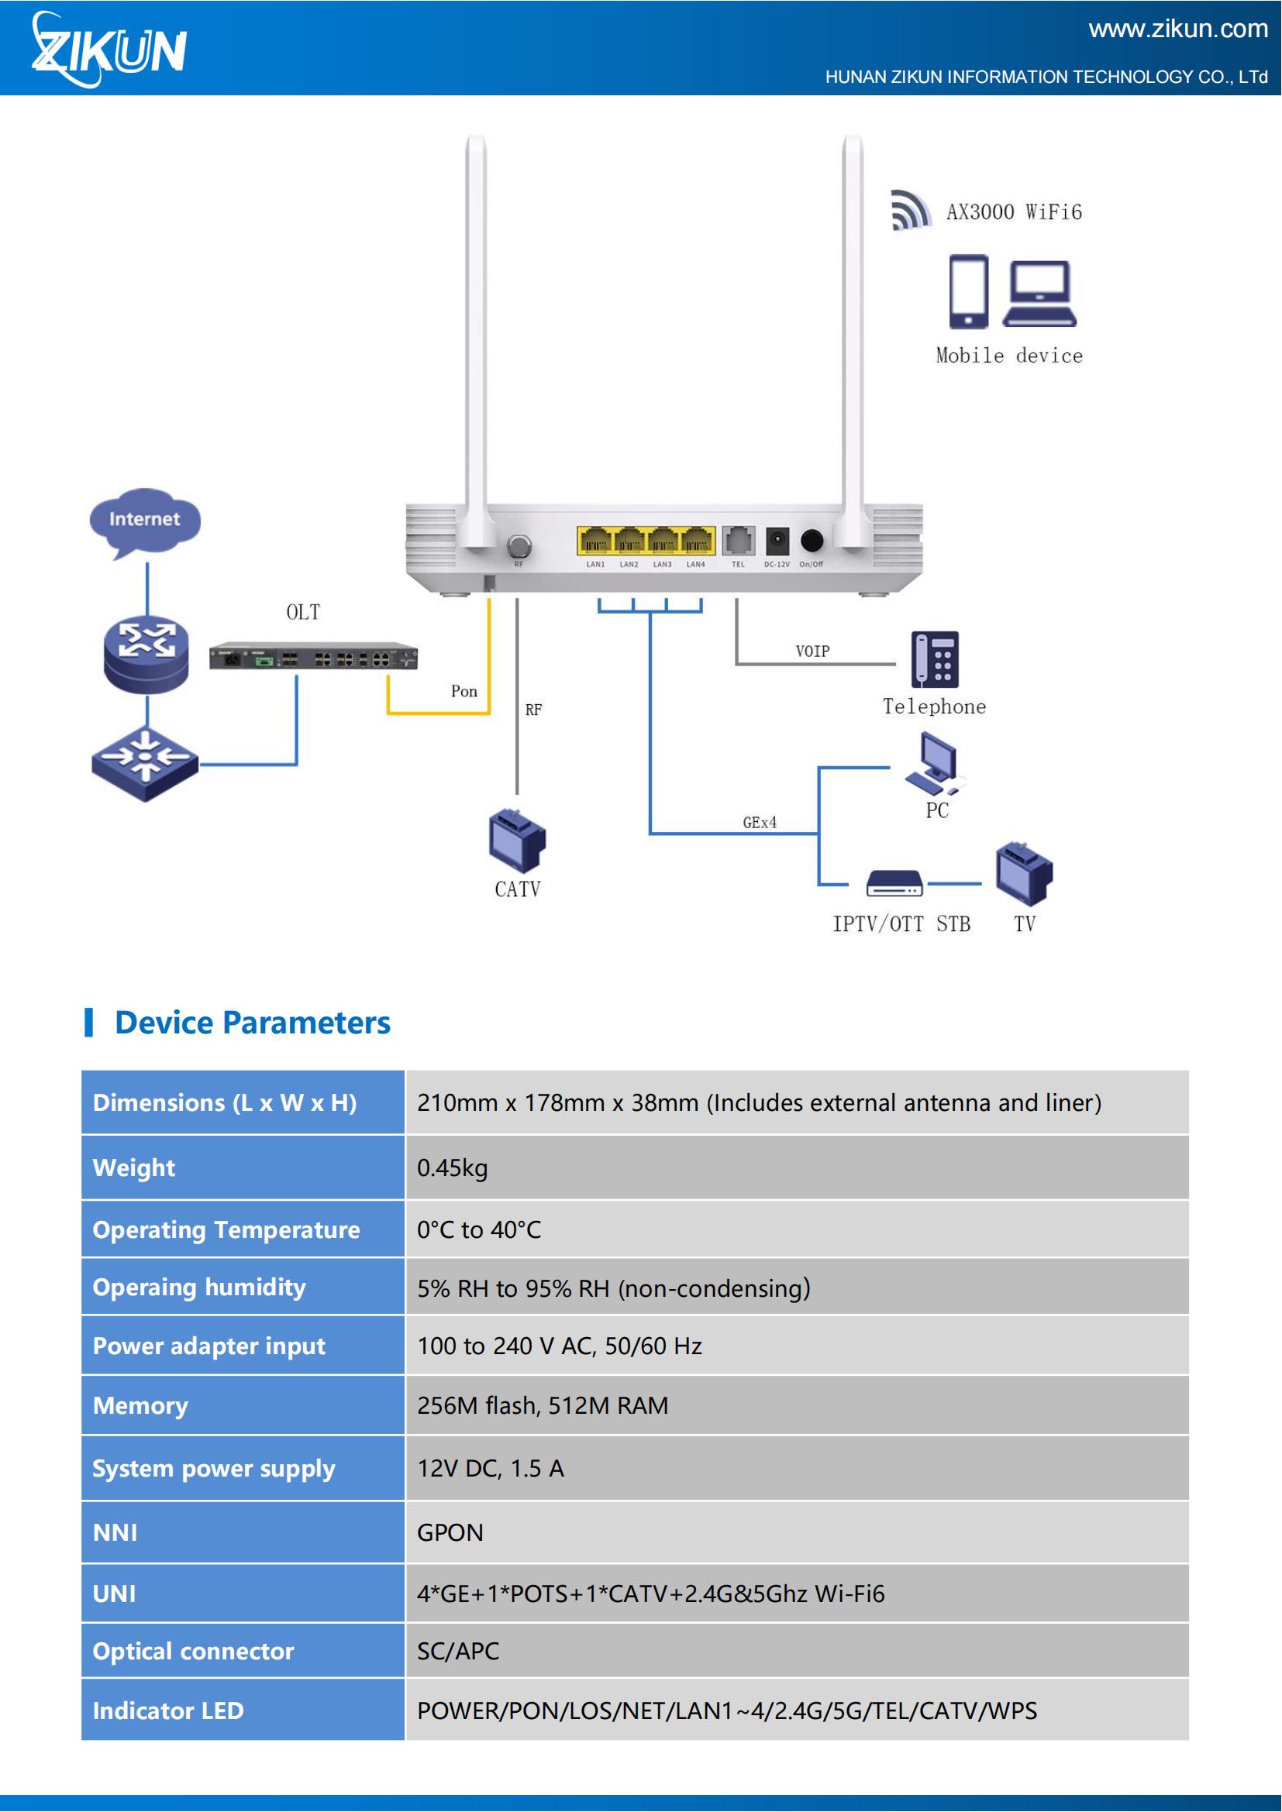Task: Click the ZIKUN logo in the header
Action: point(109,50)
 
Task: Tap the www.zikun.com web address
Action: point(1178,29)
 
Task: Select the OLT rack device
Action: point(313,657)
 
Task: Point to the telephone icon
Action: point(935,660)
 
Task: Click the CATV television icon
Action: point(517,840)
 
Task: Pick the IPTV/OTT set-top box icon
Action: point(894,883)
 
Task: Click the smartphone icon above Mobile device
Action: point(969,291)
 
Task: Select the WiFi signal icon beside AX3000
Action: point(910,210)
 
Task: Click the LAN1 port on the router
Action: point(595,542)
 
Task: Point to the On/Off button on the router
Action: point(812,541)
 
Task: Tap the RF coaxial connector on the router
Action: point(519,545)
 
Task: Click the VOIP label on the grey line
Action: point(812,651)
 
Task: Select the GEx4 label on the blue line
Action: point(760,823)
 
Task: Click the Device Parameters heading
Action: point(253,1023)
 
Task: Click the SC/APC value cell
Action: point(797,1651)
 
